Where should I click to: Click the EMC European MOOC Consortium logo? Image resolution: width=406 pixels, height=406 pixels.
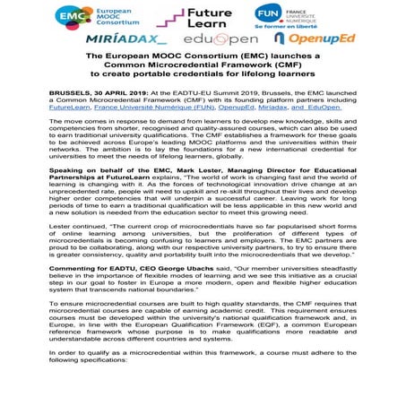[x=82, y=17]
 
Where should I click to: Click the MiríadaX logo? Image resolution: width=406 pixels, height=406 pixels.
[x=126, y=40]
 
